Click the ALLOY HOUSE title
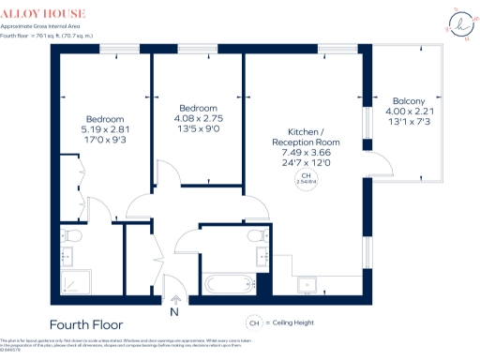43,14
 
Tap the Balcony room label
409,101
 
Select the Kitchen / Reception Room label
306,137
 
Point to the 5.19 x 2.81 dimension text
105,130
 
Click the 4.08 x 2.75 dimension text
198,119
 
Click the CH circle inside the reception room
306,180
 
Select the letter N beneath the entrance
174,312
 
